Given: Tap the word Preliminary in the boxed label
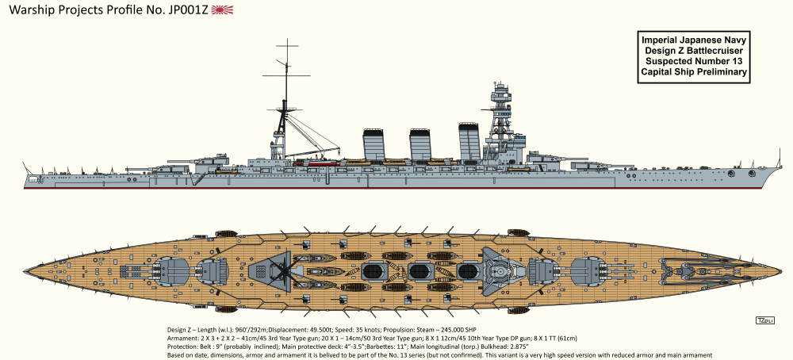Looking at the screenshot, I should tap(721, 72).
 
